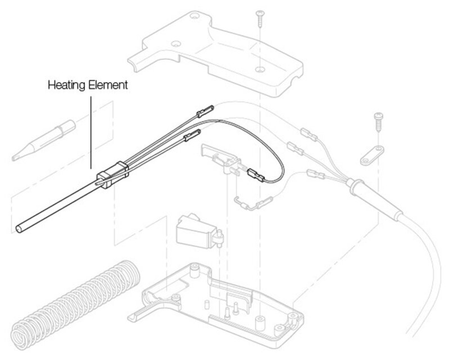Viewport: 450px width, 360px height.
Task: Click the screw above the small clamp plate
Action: pyautogui.click(x=378, y=121)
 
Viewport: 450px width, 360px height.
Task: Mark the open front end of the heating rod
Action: pyautogui.click(x=20, y=228)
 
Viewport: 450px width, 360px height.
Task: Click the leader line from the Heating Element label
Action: pyautogui.click(x=91, y=129)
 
